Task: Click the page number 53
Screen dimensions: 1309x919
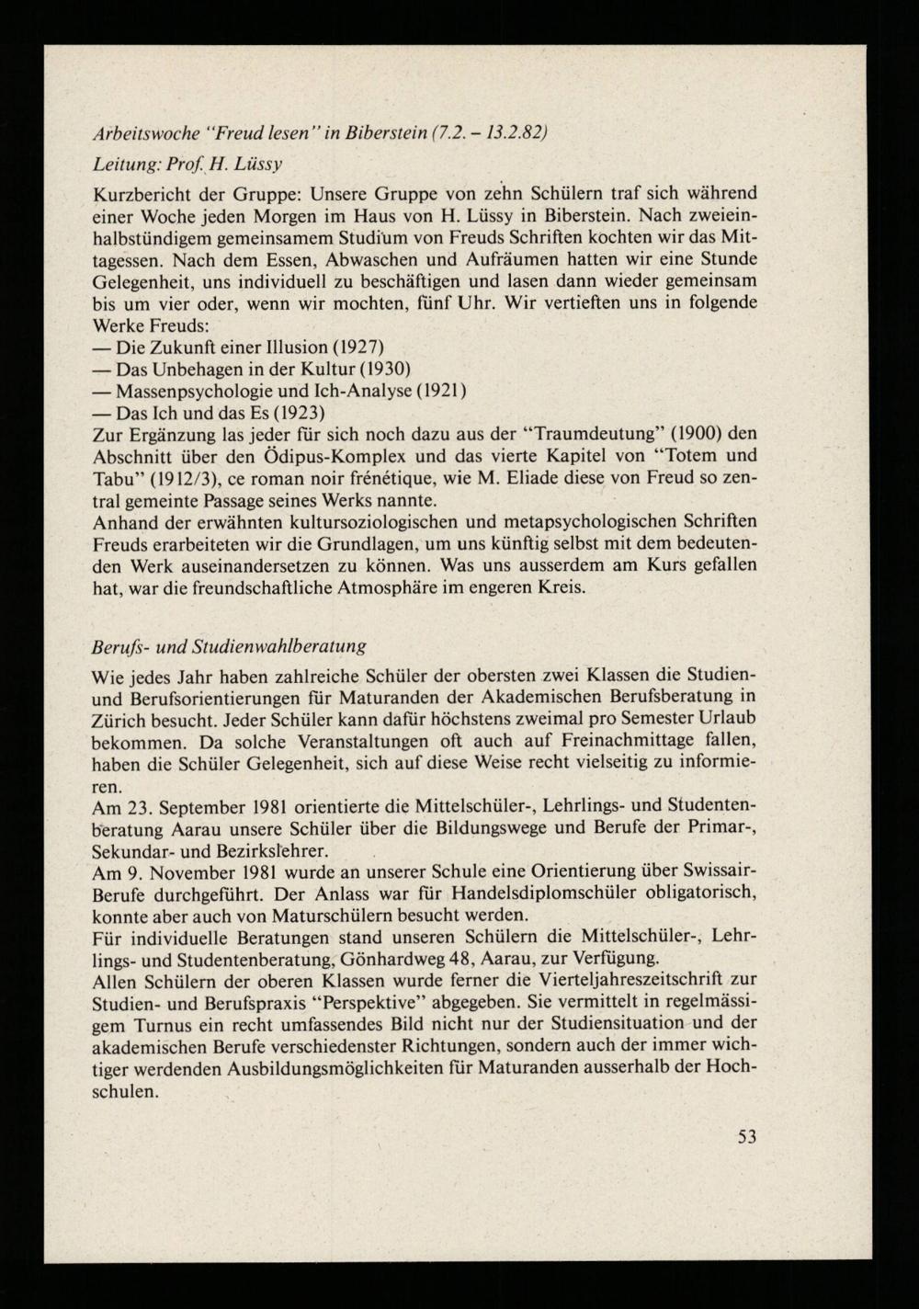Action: click(x=746, y=1136)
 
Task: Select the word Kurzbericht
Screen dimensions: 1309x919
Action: click(x=142, y=195)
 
